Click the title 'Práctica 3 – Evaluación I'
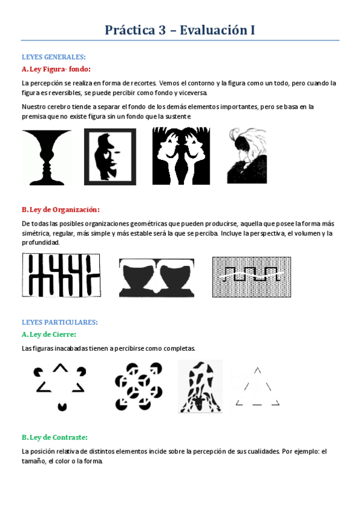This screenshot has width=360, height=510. [180, 29]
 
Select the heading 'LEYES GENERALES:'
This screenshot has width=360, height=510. [53, 57]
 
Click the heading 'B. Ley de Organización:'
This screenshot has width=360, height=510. [60, 209]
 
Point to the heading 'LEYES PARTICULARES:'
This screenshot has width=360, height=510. [59, 322]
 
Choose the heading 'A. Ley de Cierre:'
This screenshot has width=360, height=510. [49, 334]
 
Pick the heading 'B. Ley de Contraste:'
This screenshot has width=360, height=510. [54, 437]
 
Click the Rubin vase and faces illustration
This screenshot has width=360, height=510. [47, 158]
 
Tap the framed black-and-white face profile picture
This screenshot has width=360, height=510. [110, 157]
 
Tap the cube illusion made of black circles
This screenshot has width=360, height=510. [139, 386]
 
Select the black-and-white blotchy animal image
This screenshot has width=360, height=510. [200, 386]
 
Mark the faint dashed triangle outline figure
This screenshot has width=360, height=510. [257, 387]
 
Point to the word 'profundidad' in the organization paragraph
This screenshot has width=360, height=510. [40, 242]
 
